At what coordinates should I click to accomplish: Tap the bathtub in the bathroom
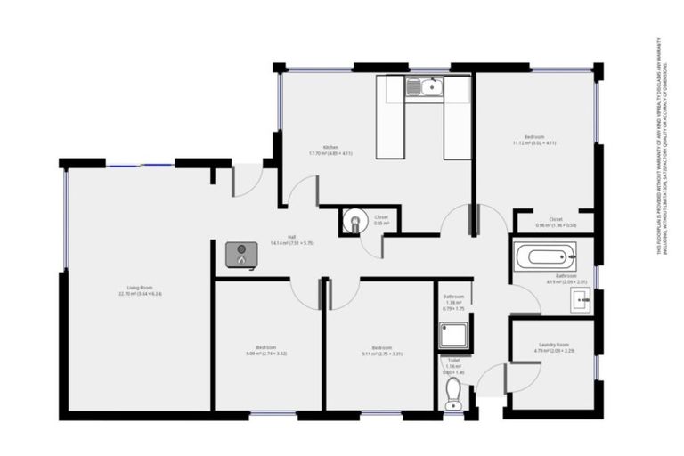(546, 258)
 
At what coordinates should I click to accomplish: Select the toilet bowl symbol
(453, 391)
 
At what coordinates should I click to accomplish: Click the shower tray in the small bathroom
(453, 335)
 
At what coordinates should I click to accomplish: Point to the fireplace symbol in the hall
(240, 254)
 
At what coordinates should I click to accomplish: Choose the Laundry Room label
(553, 347)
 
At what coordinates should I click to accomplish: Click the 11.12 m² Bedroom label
(534, 140)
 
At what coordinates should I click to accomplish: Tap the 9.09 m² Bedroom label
(265, 350)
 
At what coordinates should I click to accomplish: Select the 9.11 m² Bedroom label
(381, 350)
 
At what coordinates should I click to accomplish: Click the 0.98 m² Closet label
(556, 222)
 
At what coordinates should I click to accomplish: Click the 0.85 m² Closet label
(381, 219)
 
